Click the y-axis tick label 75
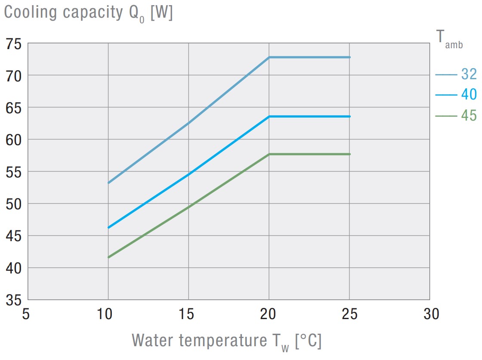tap(14, 44)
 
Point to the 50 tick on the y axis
tap(14, 203)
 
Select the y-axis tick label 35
tap(14, 299)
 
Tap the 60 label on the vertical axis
tap(14, 140)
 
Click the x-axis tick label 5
tap(27, 315)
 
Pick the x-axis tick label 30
tap(430, 315)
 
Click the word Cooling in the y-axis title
tap(30, 13)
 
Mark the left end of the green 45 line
tap(108, 257)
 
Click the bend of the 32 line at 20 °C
tap(269, 57)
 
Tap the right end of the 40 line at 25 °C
tap(349, 116)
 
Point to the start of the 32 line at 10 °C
tap(108, 183)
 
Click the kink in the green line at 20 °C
tap(269, 154)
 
